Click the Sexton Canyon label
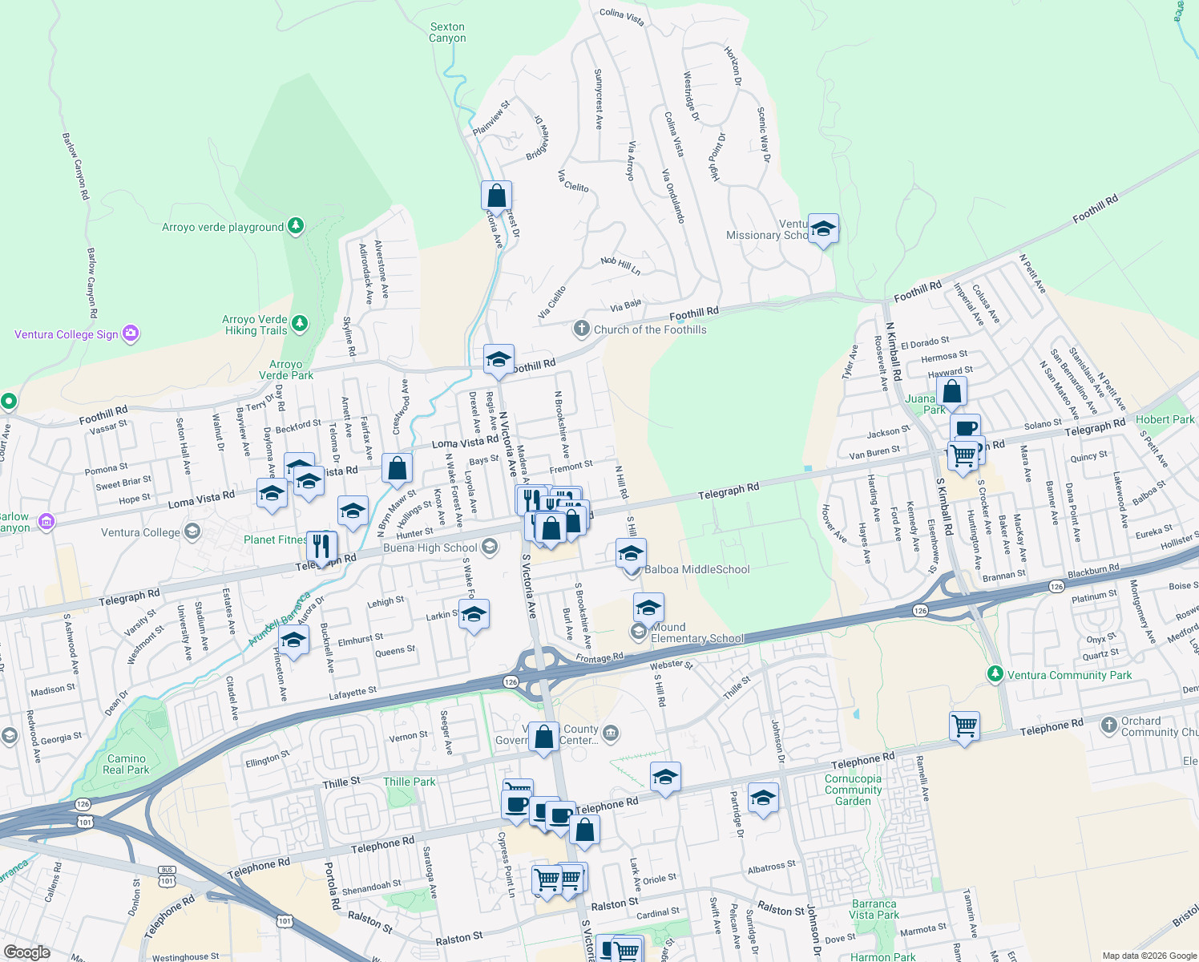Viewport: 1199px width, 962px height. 447,32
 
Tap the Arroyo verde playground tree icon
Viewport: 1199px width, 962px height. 296,226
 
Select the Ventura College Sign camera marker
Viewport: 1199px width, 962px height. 131,333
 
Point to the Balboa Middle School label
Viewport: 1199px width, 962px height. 697,569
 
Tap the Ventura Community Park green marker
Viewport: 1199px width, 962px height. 995,674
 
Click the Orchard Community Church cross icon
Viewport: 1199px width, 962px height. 1109,726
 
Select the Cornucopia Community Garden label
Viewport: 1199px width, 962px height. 853,790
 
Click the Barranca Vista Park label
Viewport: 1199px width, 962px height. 874,909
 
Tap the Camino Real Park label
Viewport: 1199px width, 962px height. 127,764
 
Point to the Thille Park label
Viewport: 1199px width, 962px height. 410,782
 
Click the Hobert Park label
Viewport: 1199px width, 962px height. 1165,419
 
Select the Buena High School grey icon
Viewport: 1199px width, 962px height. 490,548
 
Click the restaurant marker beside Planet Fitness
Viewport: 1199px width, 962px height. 321,548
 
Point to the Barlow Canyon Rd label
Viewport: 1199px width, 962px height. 75,167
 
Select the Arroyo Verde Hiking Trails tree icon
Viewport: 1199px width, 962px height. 300,324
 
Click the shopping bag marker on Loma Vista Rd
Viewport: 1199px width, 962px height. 397,469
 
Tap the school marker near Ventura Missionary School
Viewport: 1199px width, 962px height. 823,229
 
